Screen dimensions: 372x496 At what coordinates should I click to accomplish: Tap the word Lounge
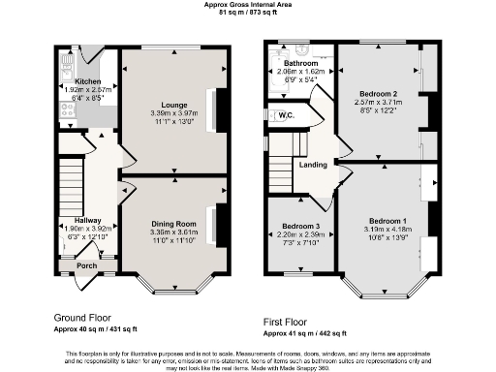click(173, 103)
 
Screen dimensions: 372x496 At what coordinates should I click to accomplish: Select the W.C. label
click(286, 115)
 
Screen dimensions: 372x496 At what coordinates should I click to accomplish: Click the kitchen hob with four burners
click(68, 110)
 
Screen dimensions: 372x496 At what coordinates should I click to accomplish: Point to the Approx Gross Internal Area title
click(247, 5)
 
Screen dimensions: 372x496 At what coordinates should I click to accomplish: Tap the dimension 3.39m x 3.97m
click(173, 111)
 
